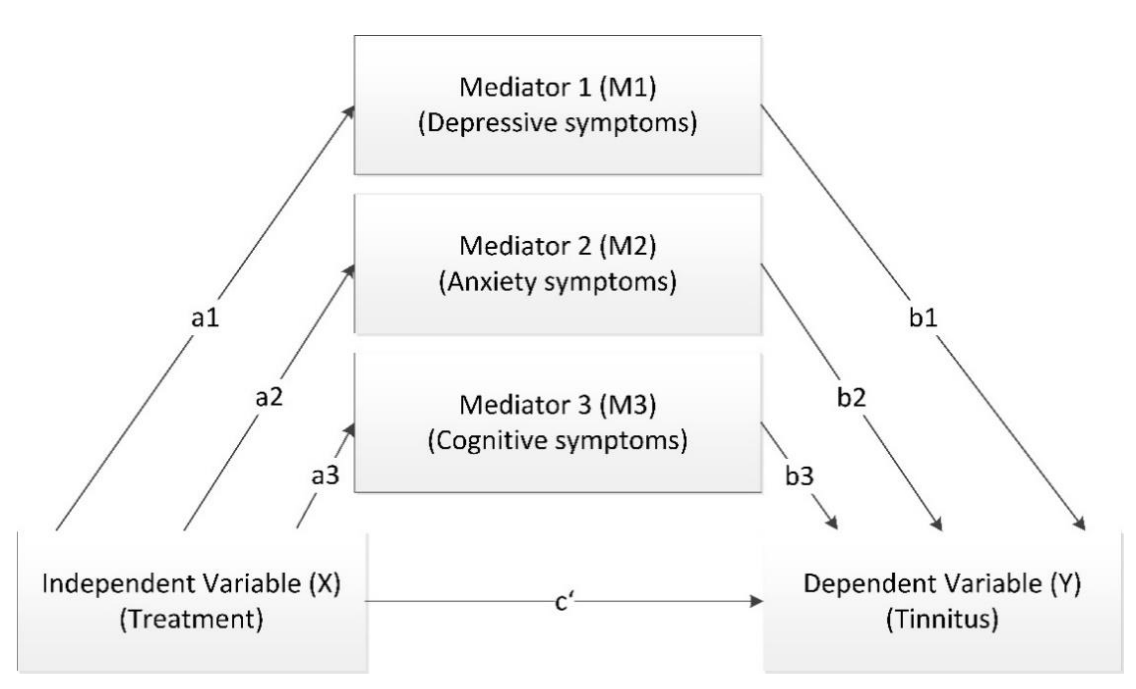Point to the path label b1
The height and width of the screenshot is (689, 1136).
pyautogui.click(x=923, y=317)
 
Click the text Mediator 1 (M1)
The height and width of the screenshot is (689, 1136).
pyautogui.click(x=558, y=87)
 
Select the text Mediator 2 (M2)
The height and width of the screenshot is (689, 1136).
pyautogui.click(x=558, y=246)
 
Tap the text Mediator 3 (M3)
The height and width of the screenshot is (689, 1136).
pyautogui.click(x=558, y=405)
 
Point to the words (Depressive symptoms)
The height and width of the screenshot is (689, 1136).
pyautogui.click(x=558, y=123)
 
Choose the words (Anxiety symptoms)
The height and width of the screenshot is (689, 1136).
pyautogui.click(x=558, y=282)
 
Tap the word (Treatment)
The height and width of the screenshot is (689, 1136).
pyautogui.click(x=191, y=619)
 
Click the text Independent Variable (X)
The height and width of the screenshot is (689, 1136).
pyautogui.click(x=191, y=584)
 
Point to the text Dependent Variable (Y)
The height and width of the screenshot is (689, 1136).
pyautogui.click(x=942, y=584)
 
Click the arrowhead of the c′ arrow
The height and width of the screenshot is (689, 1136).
pyautogui.click(x=756, y=601)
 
